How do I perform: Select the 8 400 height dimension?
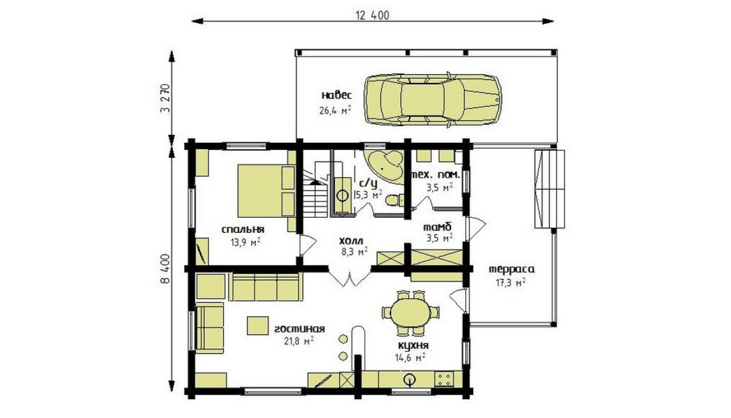pyautogui.click(x=165, y=269)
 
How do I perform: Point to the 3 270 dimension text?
pyautogui.click(x=165, y=98)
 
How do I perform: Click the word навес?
pyautogui.click(x=336, y=96)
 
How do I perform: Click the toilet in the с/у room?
pyautogui.click(x=395, y=200)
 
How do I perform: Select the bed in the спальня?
pyautogui.click(x=266, y=190)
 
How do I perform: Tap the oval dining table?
pyautogui.click(x=411, y=313)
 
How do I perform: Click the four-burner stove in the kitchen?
pyautogui.click(x=444, y=380)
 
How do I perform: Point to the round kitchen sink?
pyautogui.click(x=410, y=380)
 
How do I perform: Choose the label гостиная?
pyautogui.click(x=299, y=329)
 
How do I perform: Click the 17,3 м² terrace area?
pyautogui.click(x=511, y=283)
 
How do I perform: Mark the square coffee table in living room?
pyautogui.click(x=258, y=326)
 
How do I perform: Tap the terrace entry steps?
pyautogui.click(x=549, y=189)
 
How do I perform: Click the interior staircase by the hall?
pyautogui.click(x=315, y=193)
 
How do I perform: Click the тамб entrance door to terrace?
pyautogui.click(x=476, y=228)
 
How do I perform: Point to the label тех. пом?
pyautogui.click(x=435, y=175)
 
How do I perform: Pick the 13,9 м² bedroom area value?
pyautogui.click(x=245, y=243)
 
